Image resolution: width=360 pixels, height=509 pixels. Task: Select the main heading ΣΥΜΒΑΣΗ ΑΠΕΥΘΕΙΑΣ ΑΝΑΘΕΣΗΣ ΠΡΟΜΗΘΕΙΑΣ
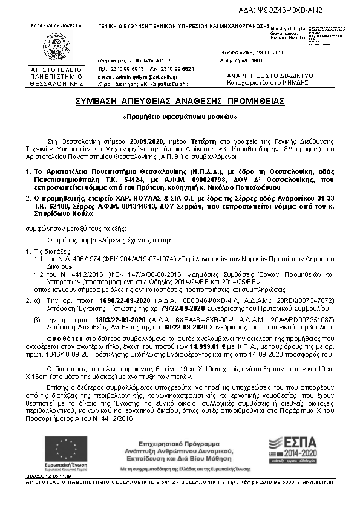(x=180, y=101)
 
